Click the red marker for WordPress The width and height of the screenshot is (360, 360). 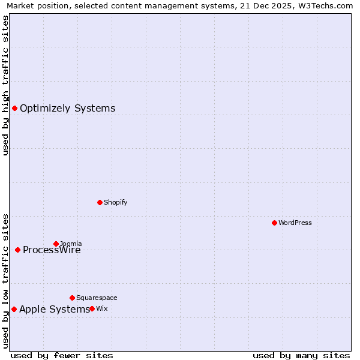pos(274,223)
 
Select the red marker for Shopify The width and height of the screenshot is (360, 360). pos(100,202)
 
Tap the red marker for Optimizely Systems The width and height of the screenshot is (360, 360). pos(14,108)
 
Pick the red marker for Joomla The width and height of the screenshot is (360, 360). pos(56,244)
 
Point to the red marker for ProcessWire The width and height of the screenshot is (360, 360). pos(17,250)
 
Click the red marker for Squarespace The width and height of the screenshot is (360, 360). pos(72,298)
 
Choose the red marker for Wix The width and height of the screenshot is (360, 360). pos(92,308)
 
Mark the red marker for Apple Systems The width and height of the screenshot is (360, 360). pos(14,309)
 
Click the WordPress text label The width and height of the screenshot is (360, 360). pos(295,223)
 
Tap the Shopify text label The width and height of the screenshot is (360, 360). pos(116,202)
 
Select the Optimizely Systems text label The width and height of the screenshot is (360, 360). pos(67,108)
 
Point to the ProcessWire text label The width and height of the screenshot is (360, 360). pos(52,250)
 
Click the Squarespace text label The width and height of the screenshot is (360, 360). pos(97,298)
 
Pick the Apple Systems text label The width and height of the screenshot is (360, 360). pos(54,309)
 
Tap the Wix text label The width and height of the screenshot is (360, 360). pos(102,308)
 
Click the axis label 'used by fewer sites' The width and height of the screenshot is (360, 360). pos(62,355)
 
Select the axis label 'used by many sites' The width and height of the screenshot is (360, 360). pos(301,355)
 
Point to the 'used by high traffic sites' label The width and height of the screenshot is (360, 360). pos(6,85)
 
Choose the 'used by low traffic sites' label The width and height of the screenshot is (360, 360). pos(6,281)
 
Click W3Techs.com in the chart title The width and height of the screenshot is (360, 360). pos(325,5)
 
